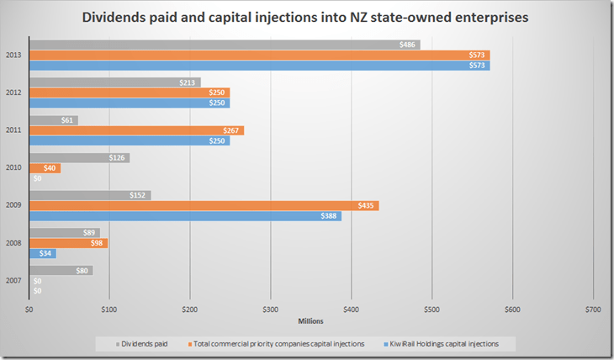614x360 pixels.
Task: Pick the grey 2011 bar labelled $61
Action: pyautogui.click(x=54, y=120)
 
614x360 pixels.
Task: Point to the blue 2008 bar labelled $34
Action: pyautogui.click(x=43, y=253)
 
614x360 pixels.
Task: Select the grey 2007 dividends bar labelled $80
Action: pyautogui.click(x=61, y=271)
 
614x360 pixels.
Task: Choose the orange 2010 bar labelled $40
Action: pyautogui.click(x=45, y=168)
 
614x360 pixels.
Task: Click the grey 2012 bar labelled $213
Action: pyautogui.click(x=115, y=82)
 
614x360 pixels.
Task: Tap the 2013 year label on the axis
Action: pyautogui.click(x=14, y=55)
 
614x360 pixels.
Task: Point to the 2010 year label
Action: pyautogui.click(x=14, y=167)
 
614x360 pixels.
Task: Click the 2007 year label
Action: pyautogui.click(x=14, y=280)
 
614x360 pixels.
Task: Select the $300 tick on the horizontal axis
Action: pyautogui.click(x=270, y=310)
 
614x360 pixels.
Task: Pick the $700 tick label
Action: pyautogui.click(x=593, y=310)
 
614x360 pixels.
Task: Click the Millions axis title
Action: pyautogui.click(x=311, y=320)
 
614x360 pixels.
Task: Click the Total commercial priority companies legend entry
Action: pyautogui.click(x=278, y=344)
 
